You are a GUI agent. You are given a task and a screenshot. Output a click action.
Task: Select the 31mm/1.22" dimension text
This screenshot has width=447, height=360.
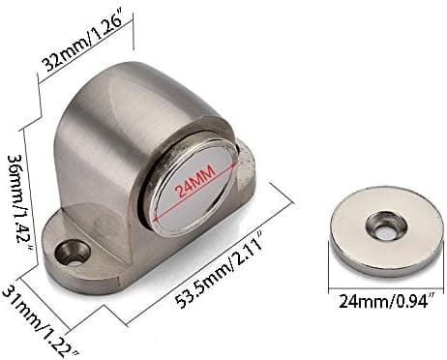click(40, 321)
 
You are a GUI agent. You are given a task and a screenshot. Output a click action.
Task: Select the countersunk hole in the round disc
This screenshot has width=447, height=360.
click(385, 226)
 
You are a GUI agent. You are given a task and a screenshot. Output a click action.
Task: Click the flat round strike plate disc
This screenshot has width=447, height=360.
click(384, 231)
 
